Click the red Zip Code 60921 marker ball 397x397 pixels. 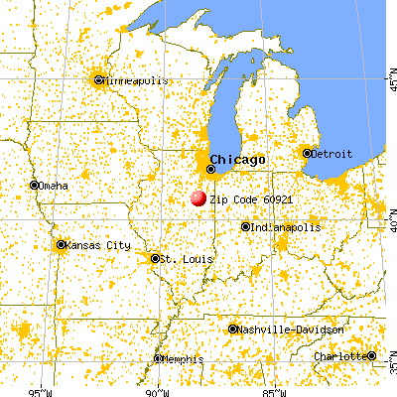(198, 198)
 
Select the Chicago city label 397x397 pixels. (237, 160)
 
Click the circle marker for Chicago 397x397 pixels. (209, 169)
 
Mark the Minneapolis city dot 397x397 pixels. (97, 80)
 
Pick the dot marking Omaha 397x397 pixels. (35, 185)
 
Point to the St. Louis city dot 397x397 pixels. (155, 258)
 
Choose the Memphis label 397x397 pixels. (181, 358)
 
